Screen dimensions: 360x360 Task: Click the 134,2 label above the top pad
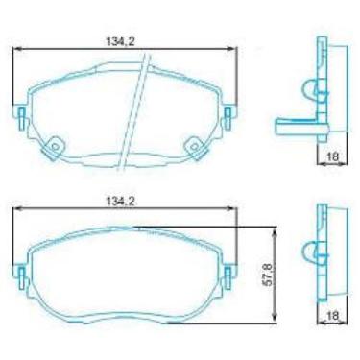point(118,40)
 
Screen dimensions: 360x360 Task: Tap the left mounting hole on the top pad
point(56,146)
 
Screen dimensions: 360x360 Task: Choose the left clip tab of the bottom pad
point(20,275)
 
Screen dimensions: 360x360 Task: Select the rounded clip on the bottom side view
point(310,252)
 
